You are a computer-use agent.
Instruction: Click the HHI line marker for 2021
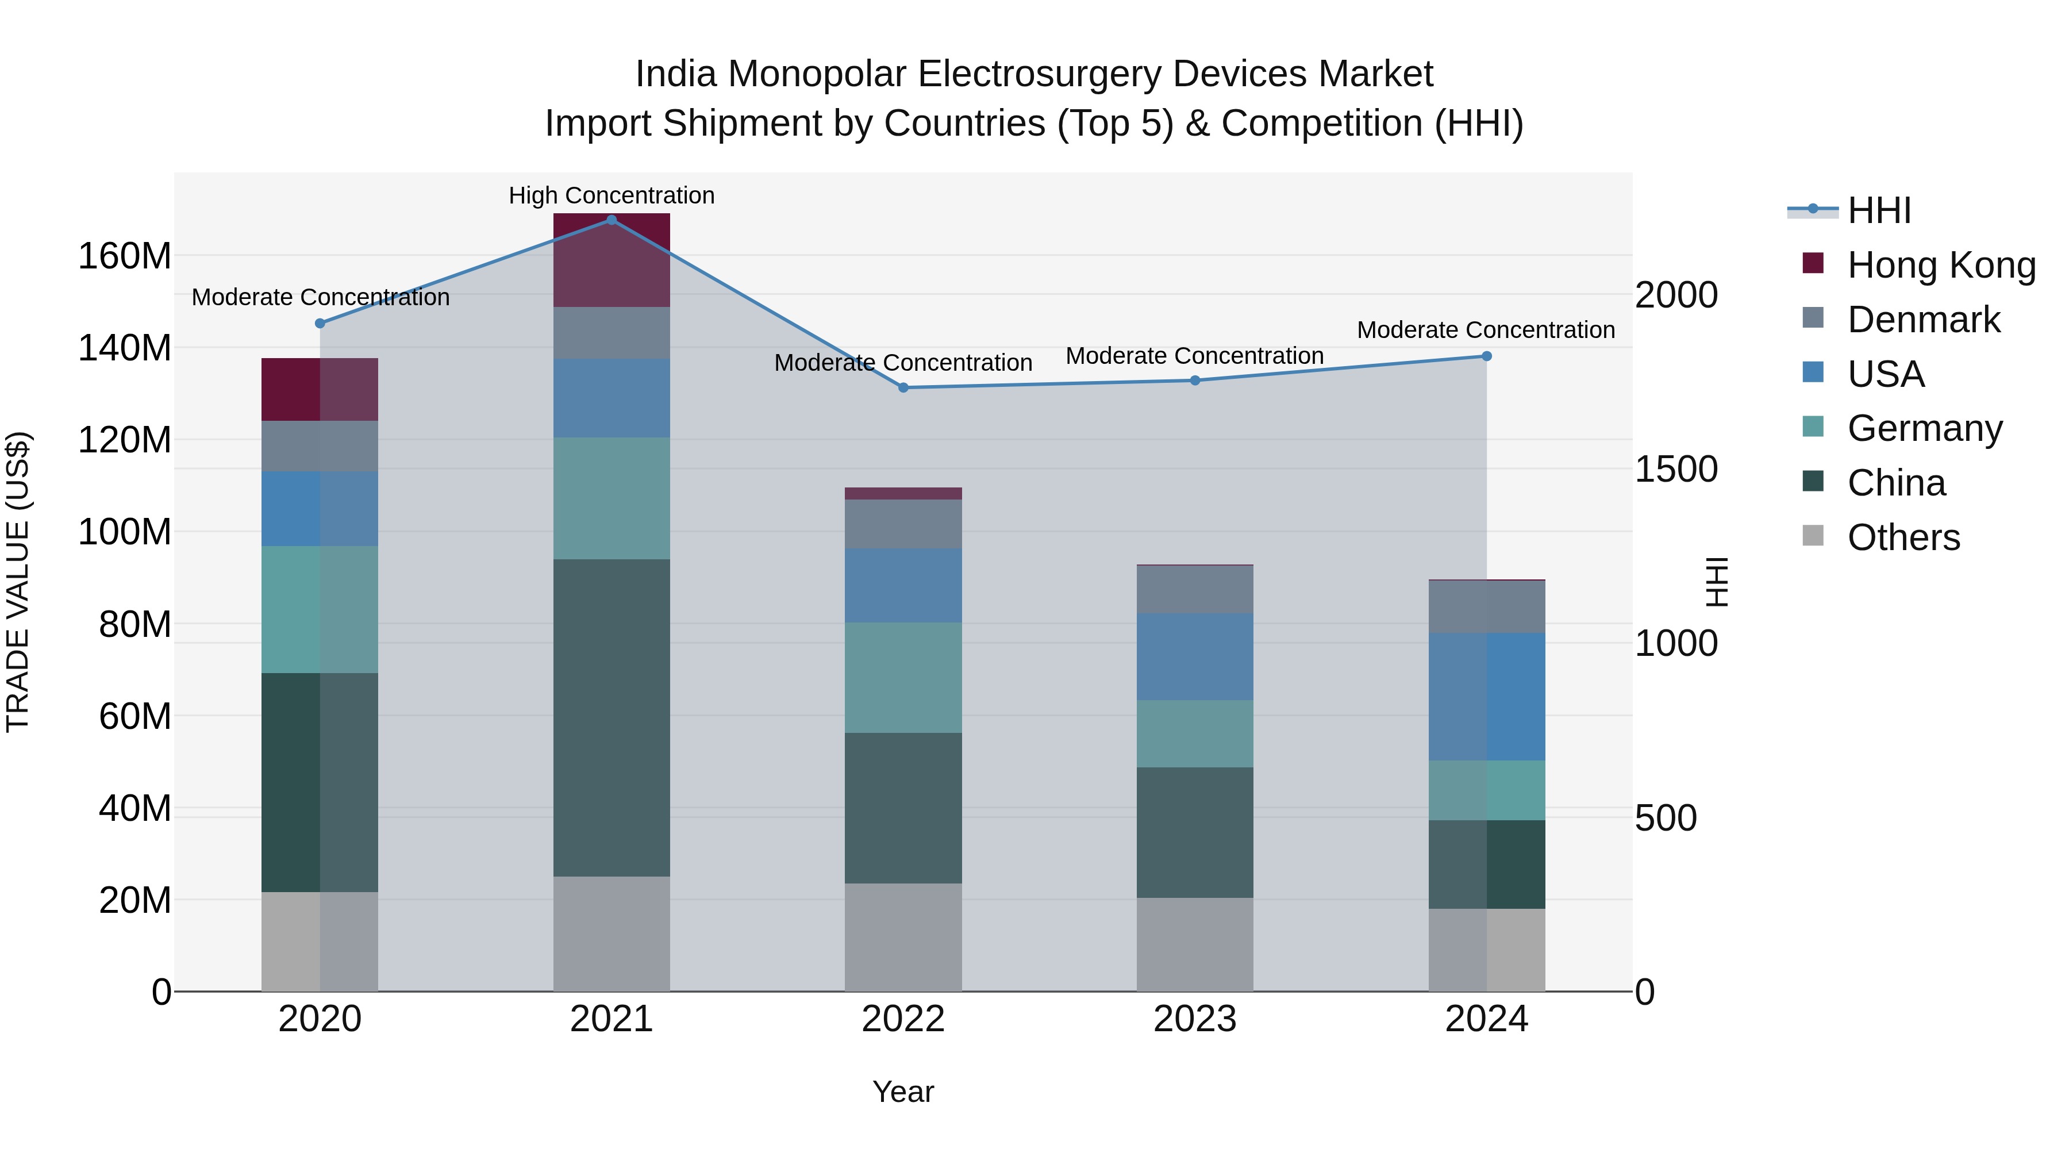click(x=612, y=220)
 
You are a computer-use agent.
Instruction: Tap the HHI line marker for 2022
click(x=903, y=388)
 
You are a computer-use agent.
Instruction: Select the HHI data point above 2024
click(x=1486, y=356)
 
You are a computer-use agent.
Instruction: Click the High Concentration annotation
click(x=612, y=196)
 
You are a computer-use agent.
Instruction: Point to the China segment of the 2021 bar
click(x=612, y=717)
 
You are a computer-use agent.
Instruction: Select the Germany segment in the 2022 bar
click(x=903, y=677)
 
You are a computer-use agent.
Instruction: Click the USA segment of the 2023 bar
click(x=1194, y=656)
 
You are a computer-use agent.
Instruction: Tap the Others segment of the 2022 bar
click(x=903, y=937)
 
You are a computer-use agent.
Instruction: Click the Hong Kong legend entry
click(x=1940, y=265)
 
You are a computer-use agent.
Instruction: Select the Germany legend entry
click(x=1924, y=428)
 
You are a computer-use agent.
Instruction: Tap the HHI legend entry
click(x=1878, y=210)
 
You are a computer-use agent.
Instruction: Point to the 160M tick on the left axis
click(x=125, y=256)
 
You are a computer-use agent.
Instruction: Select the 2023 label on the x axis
click(x=1194, y=1019)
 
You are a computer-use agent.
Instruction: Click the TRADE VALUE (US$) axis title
click(x=18, y=582)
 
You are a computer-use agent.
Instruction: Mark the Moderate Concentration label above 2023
click(x=1194, y=356)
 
